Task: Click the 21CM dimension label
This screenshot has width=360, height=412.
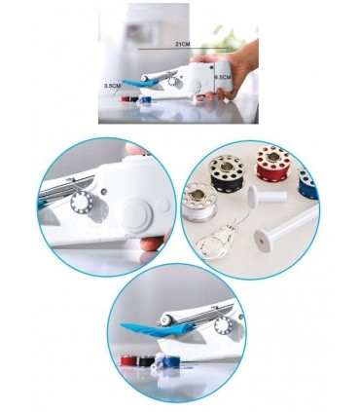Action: [183, 44]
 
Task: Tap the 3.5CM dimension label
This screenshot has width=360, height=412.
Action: [112, 86]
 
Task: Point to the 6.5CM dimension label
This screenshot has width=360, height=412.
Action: [223, 77]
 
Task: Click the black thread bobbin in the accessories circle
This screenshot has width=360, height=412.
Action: [226, 173]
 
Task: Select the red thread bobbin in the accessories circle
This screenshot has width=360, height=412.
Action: [272, 164]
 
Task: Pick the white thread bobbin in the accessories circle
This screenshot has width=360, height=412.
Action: [198, 203]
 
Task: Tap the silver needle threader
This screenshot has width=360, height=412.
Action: [218, 237]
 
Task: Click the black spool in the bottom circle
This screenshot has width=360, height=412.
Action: [145, 360]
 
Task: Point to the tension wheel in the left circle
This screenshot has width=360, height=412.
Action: [82, 202]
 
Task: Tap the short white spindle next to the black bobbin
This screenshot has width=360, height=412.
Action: [267, 197]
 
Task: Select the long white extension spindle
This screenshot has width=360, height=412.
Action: [286, 229]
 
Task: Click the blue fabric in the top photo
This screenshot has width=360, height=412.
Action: [139, 84]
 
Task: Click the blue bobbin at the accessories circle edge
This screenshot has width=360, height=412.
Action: [307, 183]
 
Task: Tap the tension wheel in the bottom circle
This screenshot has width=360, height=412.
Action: [225, 325]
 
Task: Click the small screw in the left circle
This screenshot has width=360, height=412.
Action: [104, 192]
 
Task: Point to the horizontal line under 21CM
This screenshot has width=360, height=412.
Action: [183, 49]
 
